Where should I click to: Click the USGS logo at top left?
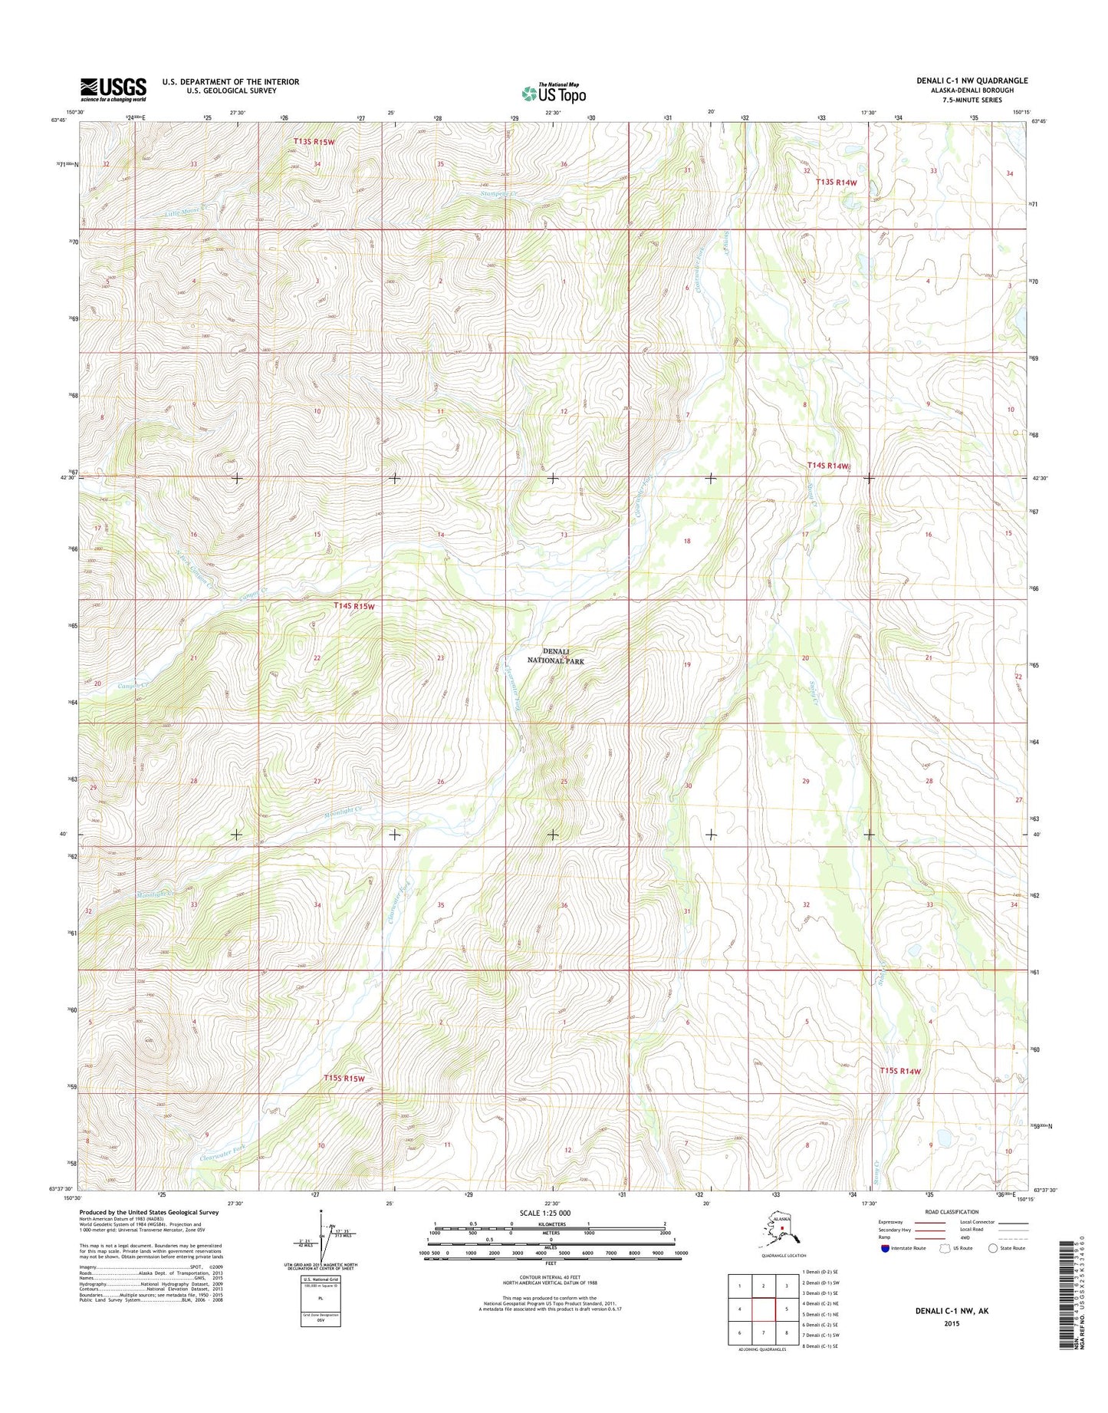pos(113,89)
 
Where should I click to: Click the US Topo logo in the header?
pos(554,93)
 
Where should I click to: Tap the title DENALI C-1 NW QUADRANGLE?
pos(972,81)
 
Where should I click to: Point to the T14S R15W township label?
pos(354,606)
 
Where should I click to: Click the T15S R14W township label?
pos(899,1071)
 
